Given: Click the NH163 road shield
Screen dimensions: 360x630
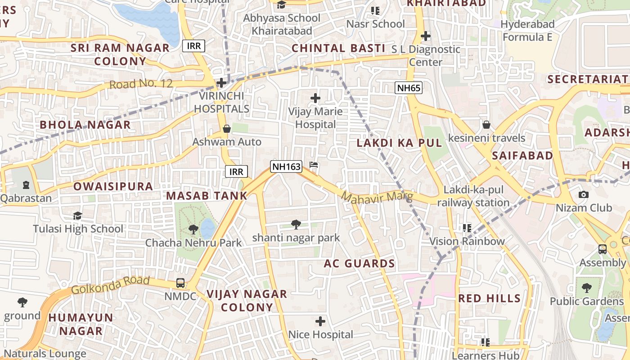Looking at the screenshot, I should tap(286, 166).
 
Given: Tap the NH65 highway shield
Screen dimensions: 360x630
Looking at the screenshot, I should tap(409, 88).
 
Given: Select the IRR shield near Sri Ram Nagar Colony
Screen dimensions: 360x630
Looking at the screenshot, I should tap(194, 45).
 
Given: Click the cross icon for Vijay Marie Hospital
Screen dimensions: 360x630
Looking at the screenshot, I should tap(315, 98).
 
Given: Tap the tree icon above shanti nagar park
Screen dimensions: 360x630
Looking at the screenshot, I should tap(296, 224).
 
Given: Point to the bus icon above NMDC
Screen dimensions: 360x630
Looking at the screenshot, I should tap(180, 283).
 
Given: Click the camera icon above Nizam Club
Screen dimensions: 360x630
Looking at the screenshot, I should tap(583, 194).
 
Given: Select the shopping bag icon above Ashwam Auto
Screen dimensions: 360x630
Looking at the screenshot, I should tap(227, 129).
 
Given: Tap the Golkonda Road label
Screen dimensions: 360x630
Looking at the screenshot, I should tap(111, 285).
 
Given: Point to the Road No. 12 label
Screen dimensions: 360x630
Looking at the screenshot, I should tap(141, 84).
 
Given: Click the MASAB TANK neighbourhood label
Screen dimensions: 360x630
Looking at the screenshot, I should tap(207, 196).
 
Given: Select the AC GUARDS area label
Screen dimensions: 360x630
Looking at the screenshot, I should tap(359, 264).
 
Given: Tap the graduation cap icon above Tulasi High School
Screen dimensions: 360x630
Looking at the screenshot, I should tap(78, 216).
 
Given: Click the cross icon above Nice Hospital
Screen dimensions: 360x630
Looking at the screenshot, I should tap(320, 321).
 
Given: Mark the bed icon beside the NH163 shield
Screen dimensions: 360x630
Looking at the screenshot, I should tap(314, 165).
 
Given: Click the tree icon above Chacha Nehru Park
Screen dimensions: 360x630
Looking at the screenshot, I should tap(193, 229).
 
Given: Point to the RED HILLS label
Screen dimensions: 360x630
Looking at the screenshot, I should tap(489, 298).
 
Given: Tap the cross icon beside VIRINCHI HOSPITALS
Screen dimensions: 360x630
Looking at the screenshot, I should tap(221, 83).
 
